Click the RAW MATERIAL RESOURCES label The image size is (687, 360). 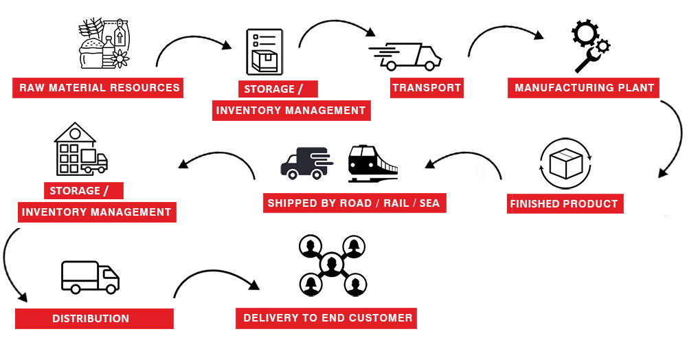point(99,88)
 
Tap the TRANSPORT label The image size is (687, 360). point(426,88)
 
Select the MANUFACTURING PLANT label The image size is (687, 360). point(584,88)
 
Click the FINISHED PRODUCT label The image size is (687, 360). point(564,204)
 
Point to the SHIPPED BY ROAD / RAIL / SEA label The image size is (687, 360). point(354,203)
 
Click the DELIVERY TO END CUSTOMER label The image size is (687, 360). point(327,318)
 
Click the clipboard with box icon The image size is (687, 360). point(264,52)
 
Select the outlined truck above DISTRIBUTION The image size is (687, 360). point(90,276)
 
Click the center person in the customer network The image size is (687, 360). point(332,264)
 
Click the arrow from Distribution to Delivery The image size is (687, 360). point(213,275)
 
